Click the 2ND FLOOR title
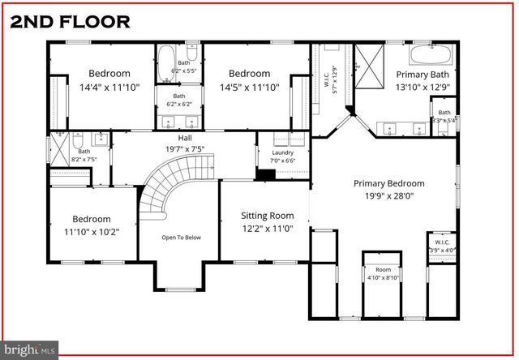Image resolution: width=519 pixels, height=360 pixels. [70, 20]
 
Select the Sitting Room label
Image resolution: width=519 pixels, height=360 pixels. [267, 216]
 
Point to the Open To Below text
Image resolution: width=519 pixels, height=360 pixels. [180, 238]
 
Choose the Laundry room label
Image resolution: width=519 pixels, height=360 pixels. [282, 151]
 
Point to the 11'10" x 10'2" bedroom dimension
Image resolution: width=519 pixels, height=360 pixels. [91, 231]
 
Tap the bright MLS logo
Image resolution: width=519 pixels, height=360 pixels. [30, 349]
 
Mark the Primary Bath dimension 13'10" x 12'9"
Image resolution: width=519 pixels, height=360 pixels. [422, 87]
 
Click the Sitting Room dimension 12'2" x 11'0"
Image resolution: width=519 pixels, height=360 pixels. [267, 229]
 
